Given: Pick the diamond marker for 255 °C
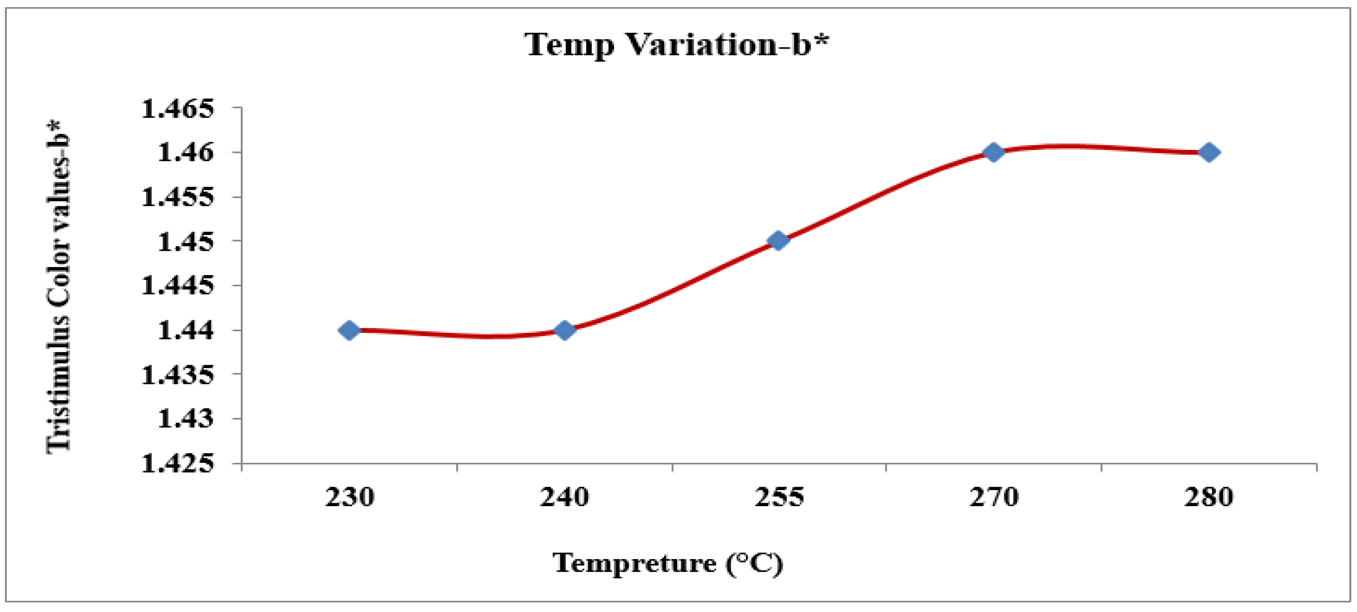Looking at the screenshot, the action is pyautogui.click(x=778, y=241).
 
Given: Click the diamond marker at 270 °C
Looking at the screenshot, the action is pyautogui.click(x=993, y=152).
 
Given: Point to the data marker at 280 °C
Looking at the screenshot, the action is pyautogui.click(x=1209, y=152).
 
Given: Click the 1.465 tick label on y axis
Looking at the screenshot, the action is pyautogui.click(x=178, y=109).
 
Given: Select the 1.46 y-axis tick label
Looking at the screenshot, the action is pyautogui.click(x=186, y=153).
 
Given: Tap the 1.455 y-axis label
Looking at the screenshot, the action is pyautogui.click(x=178, y=197).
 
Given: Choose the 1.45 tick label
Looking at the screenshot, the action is pyautogui.click(x=186, y=241).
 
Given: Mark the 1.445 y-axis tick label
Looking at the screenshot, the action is pyautogui.click(x=178, y=286).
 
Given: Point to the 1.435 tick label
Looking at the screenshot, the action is pyautogui.click(x=178, y=375).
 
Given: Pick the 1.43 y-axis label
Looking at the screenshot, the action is pyautogui.click(x=186, y=419).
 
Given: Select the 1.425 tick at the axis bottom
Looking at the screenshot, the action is pyautogui.click(x=178, y=464).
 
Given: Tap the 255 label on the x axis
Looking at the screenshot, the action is pyautogui.click(x=779, y=497).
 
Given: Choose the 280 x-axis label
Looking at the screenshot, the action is pyautogui.click(x=1209, y=497).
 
